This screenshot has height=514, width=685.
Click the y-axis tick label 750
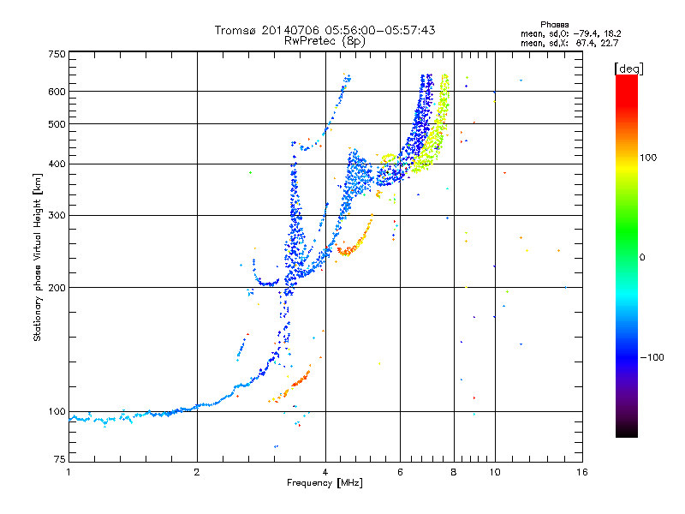[57, 54]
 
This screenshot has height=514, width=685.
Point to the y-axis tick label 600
[57, 91]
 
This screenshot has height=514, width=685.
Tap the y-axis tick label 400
[57, 164]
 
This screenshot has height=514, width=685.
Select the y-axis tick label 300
[57, 215]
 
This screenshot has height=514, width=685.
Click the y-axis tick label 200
[57, 287]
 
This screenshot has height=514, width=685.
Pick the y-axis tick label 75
[60, 461]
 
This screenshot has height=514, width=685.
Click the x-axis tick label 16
[581, 472]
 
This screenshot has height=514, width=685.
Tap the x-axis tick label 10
[494, 472]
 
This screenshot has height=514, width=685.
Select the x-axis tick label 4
[325, 472]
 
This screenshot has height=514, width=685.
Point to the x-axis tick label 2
[197, 472]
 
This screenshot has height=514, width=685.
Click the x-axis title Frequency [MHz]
[325, 484]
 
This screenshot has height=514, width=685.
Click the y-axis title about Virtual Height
[38, 257]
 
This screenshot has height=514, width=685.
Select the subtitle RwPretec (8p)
[325, 40]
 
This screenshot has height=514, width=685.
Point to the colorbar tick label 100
[655, 158]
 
